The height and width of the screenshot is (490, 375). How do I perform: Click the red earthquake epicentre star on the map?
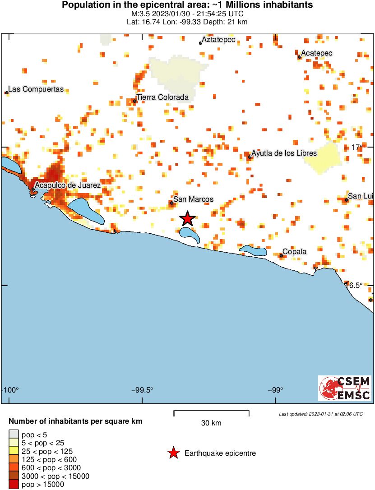pyautogui.click(x=188, y=219)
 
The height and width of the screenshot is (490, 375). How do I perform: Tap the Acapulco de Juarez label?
pyautogui.click(x=68, y=185)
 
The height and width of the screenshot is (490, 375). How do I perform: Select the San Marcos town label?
pyautogui.click(x=194, y=199)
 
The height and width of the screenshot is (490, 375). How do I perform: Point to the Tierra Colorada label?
pyautogui.click(x=163, y=97)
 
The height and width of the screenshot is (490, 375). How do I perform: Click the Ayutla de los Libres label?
pyautogui.click(x=284, y=153)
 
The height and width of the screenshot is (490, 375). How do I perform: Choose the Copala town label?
pyautogui.click(x=295, y=251)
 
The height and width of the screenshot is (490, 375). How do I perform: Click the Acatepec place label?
pyautogui.click(x=317, y=53)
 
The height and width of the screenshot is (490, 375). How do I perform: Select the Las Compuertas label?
pyautogui.click(x=37, y=89)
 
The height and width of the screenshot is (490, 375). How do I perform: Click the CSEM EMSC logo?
pyautogui.click(x=345, y=388)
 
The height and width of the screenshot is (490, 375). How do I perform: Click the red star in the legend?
pyautogui.click(x=173, y=453)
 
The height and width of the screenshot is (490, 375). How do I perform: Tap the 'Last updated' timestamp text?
pyautogui.click(x=320, y=414)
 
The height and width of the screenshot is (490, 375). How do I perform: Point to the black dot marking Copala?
pyautogui.click(x=281, y=256)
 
